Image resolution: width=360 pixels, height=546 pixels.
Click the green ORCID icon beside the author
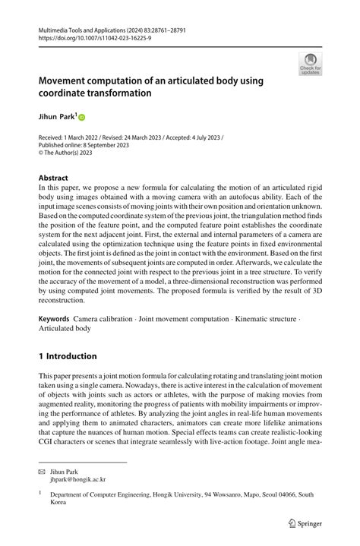click(x=82, y=118)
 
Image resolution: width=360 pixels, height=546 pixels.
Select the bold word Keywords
click(x=54, y=320)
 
